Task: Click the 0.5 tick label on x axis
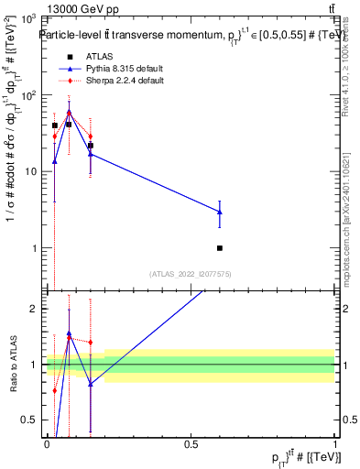191,442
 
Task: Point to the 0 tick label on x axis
47,442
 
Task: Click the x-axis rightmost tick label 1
335,442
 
